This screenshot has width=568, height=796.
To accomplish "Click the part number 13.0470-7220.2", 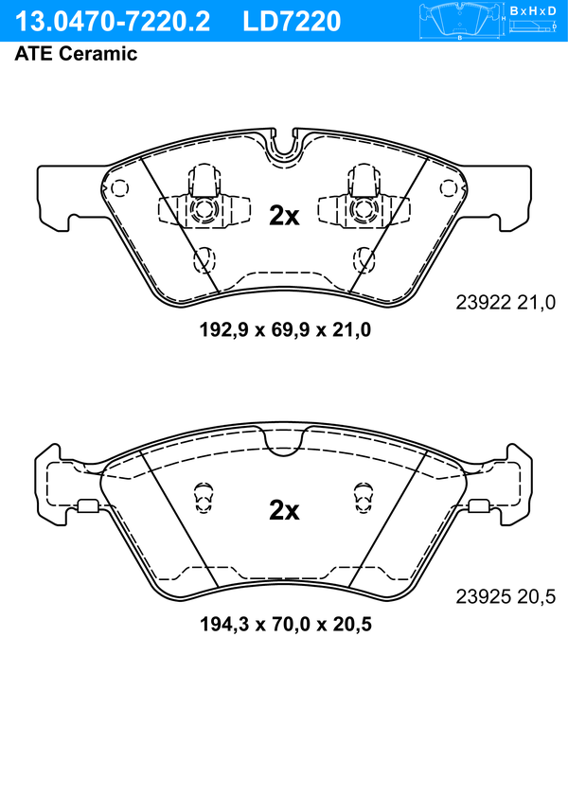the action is pos(112,21).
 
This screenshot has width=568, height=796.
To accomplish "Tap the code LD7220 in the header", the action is pos(292,21).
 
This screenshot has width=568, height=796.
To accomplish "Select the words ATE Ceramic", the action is pos(76,54).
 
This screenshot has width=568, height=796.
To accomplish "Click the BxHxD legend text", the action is pos(533,10).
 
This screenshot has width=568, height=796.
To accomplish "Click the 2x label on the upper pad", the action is pos(284,216).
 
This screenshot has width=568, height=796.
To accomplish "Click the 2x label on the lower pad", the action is pos(284,510).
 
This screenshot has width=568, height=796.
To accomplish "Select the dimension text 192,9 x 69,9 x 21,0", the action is pos(285,330).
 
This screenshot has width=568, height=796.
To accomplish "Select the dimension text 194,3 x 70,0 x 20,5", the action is pos(286,624).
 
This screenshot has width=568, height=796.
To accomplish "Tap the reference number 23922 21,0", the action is pos(506,303).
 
